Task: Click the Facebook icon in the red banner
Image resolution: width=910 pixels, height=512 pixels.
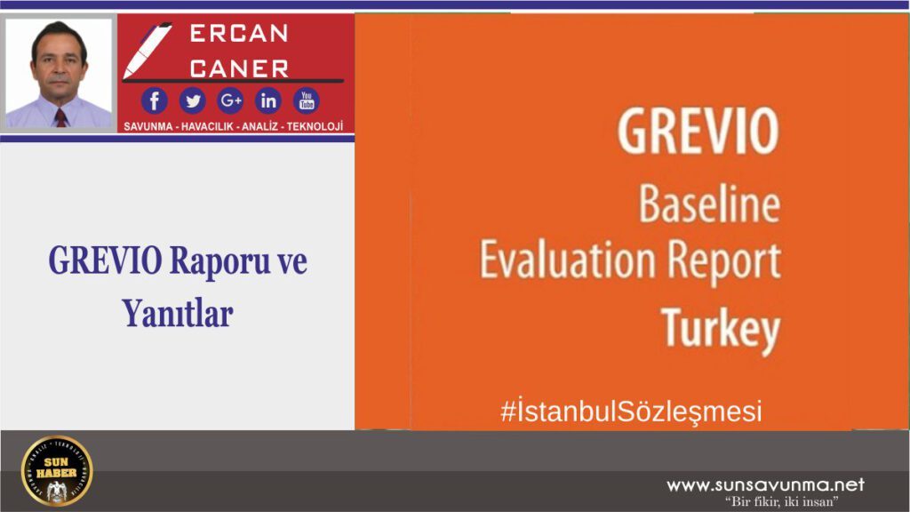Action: [x=154, y=100]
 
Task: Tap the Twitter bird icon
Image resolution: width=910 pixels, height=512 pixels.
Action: [x=192, y=100]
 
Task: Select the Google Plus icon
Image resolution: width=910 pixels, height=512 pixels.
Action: [x=230, y=100]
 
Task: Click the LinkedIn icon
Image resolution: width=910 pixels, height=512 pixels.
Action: [x=268, y=100]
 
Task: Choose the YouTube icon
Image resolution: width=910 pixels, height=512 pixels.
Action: [x=307, y=100]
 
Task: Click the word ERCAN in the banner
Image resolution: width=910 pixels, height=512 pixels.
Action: [x=239, y=34]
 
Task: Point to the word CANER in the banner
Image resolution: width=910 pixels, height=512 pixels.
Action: [x=239, y=68]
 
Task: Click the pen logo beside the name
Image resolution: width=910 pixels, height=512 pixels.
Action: [x=147, y=50]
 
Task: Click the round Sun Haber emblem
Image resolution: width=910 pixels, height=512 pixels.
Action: [x=57, y=470]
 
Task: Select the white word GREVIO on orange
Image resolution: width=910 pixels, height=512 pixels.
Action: [x=698, y=132]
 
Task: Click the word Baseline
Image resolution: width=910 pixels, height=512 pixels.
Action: [x=709, y=206]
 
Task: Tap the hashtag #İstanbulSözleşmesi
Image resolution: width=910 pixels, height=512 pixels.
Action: [x=631, y=412]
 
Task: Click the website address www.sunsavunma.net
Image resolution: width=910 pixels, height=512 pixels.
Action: [x=765, y=485]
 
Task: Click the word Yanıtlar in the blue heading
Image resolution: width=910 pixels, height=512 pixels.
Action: [x=178, y=312]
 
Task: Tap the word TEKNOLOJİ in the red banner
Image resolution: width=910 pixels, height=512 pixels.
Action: [x=315, y=126]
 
